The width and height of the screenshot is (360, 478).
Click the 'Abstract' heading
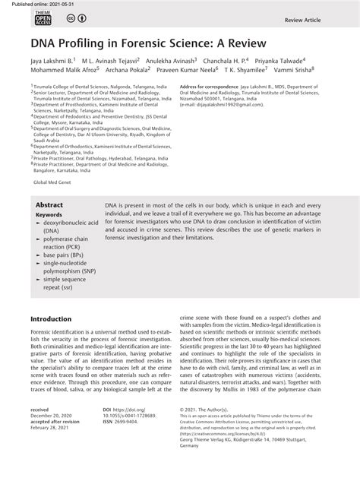tap(50, 206)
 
